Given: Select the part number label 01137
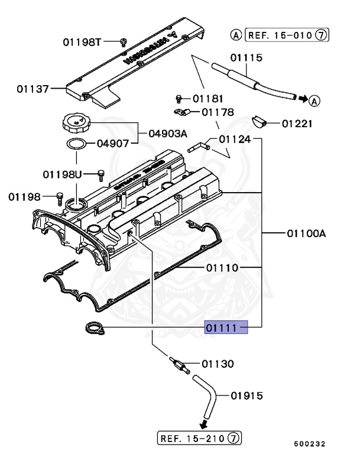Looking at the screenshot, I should [33, 89].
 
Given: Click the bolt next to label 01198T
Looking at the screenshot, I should [124, 41].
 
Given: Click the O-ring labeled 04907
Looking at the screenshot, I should [76, 144].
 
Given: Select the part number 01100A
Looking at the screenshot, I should [306, 234].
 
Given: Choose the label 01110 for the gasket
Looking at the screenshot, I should [222, 268].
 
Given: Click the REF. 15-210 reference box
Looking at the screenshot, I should [200, 438].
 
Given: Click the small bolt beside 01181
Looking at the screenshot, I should [179, 98].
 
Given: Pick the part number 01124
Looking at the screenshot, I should [235, 140].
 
